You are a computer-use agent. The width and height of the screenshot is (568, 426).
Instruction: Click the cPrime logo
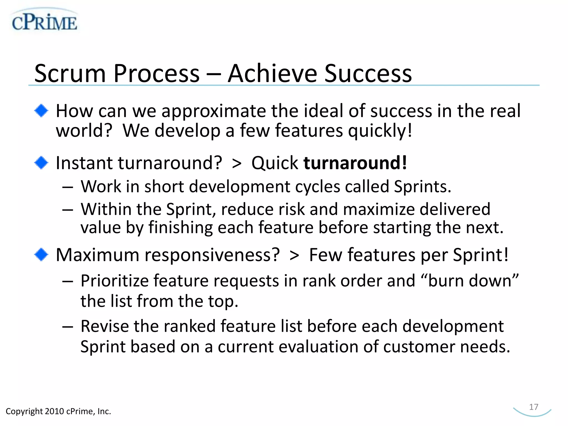tap(44, 21)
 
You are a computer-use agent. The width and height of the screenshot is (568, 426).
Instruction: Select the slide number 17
tap(533, 407)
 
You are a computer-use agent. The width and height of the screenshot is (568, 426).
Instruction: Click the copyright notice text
tap(58, 411)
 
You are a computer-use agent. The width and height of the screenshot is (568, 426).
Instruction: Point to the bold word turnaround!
tap(355, 163)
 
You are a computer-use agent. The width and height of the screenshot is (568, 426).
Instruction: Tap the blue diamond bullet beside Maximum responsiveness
tap(41, 254)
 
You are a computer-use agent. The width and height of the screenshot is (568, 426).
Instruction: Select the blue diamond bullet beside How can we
tap(41, 111)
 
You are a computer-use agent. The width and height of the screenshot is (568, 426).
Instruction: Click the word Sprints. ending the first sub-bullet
tap(422, 186)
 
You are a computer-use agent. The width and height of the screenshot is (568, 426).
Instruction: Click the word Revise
tap(105, 326)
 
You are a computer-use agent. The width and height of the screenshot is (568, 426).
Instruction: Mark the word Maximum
tap(97, 255)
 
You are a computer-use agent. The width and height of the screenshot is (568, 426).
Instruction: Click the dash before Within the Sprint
tap(68, 210)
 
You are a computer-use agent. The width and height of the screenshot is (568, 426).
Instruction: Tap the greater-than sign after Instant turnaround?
tap(237, 163)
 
